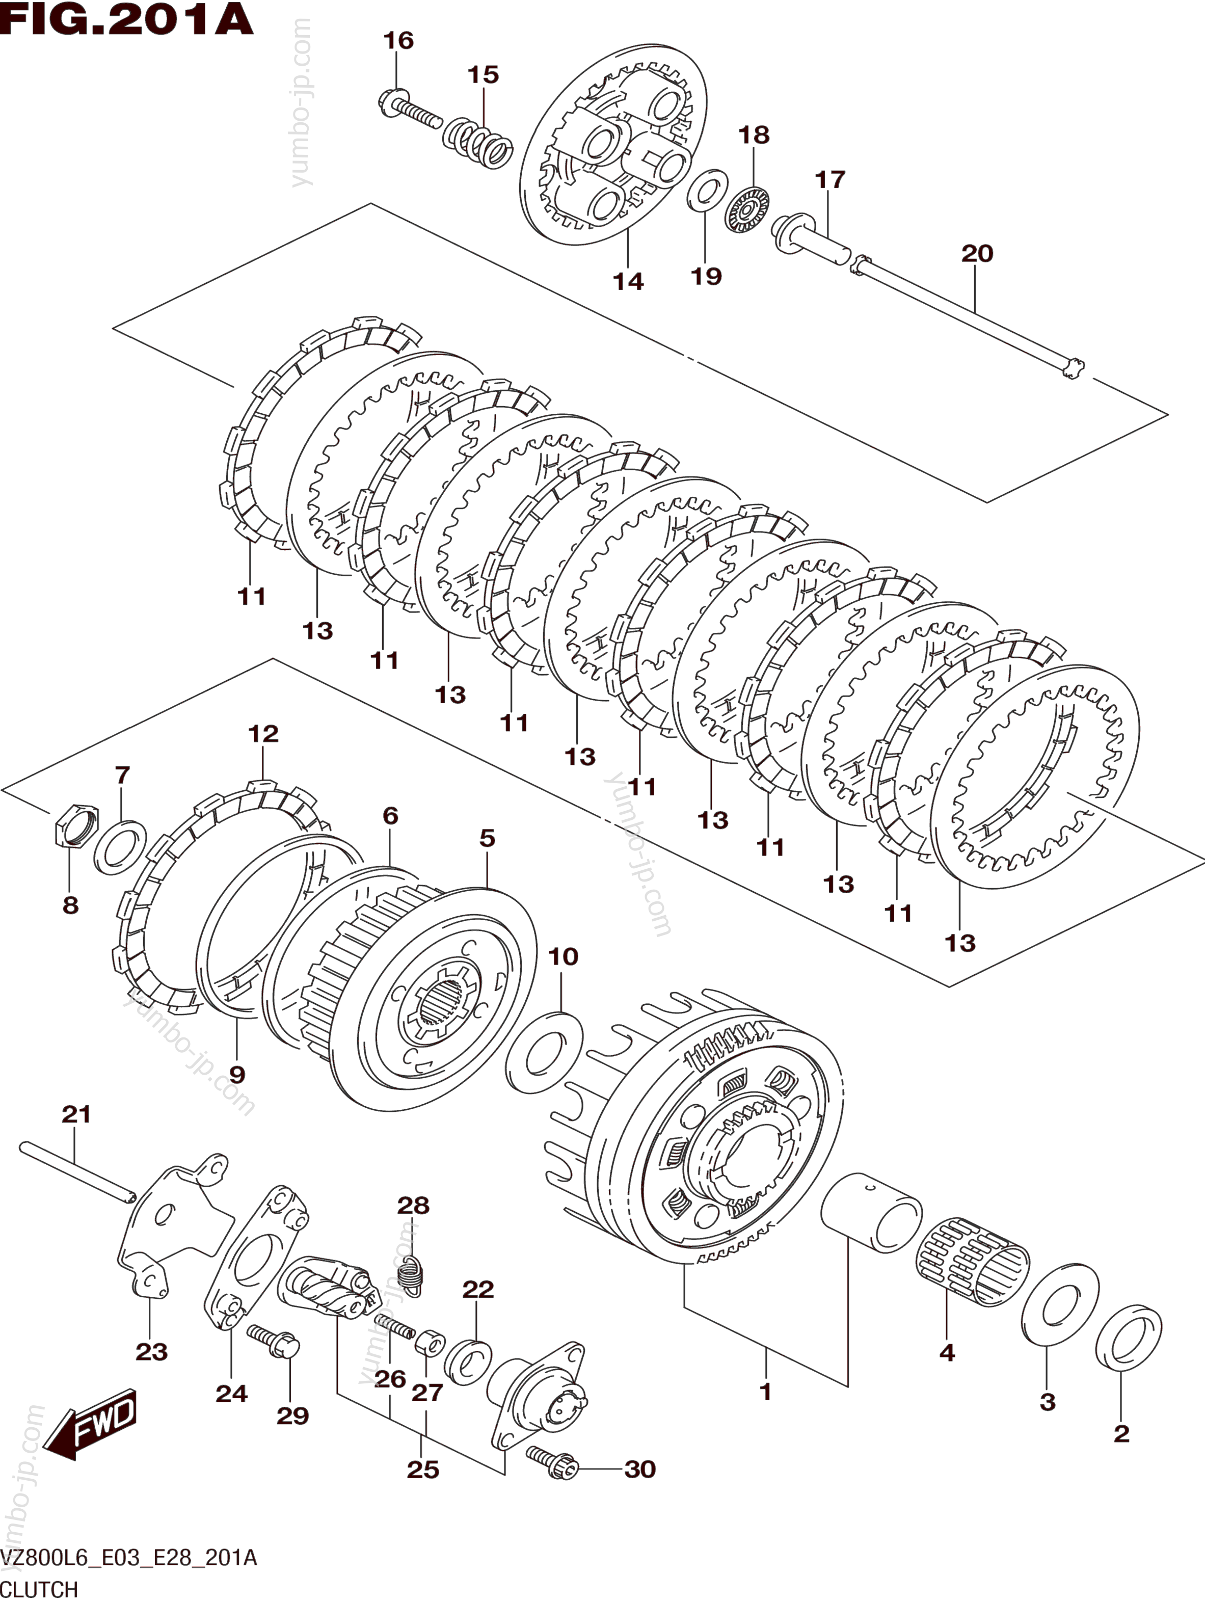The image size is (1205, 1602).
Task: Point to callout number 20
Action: pos(977,253)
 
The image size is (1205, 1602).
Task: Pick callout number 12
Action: pos(263,734)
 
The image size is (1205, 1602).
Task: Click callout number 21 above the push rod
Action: pos(76,1114)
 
